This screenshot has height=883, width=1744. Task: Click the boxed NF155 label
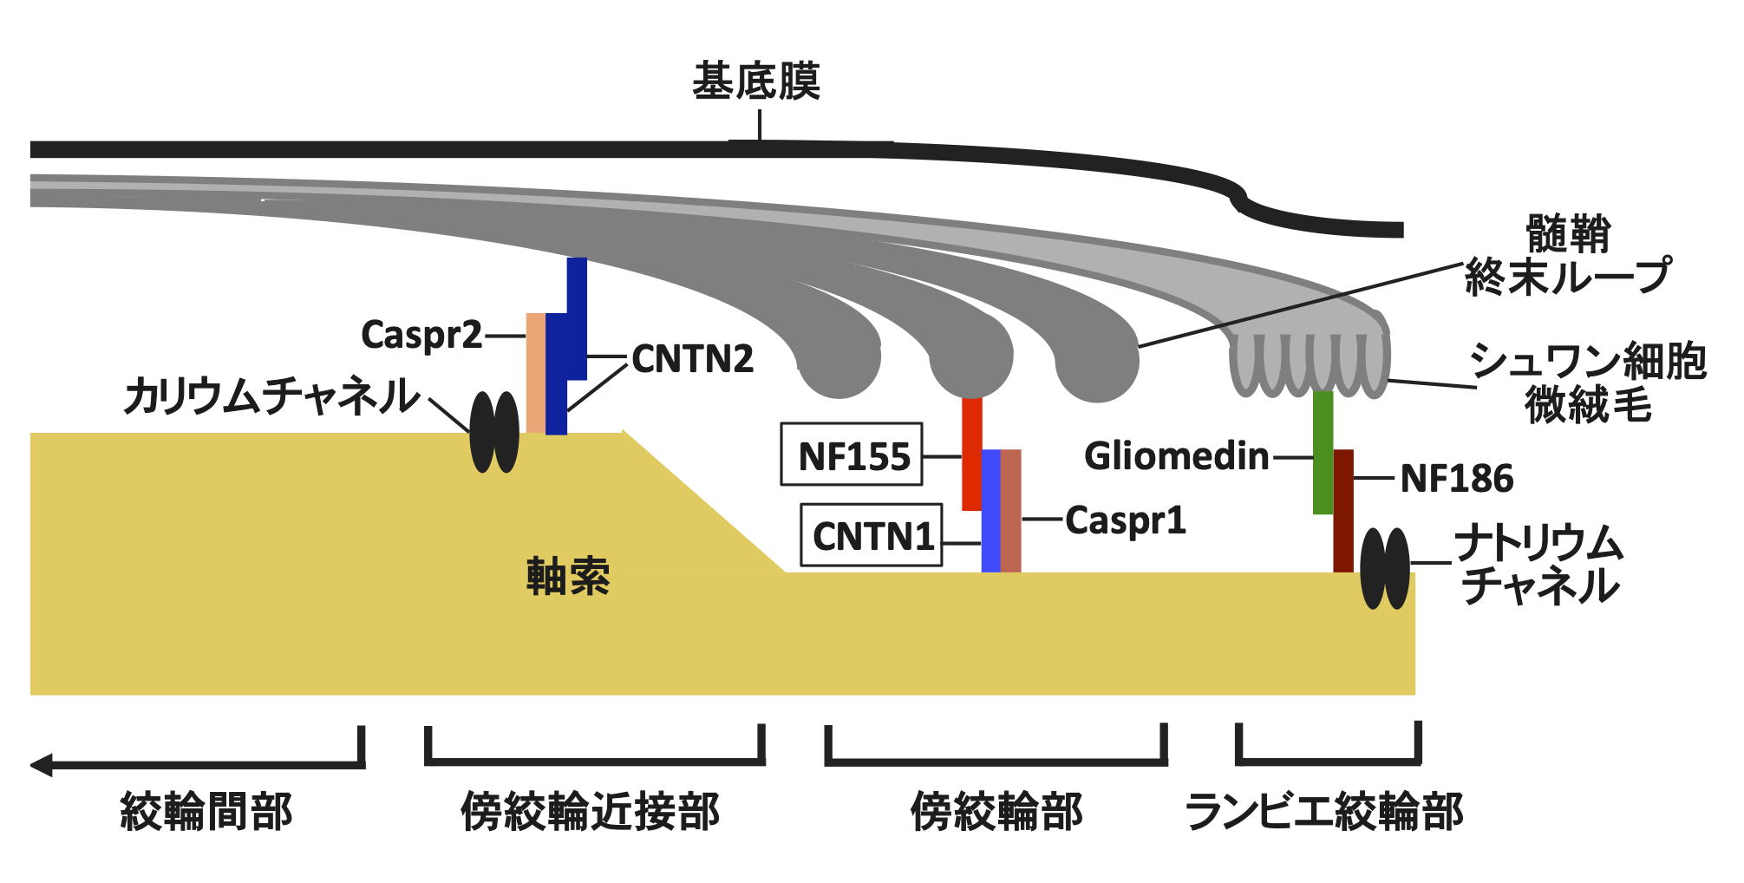pos(852,455)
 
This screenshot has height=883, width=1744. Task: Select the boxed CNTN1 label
pos(872,535)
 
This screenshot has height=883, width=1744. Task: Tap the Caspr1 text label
pos(1125,520)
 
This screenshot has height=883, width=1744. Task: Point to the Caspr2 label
pos(421,335)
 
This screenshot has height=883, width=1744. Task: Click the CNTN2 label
pos(692,358)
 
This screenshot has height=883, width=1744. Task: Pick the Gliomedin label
pos(1176,456)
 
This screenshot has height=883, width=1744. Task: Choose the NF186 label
pos(1457,478)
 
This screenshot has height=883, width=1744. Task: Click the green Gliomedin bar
pos(1323,451)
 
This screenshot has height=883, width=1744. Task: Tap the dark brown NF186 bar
pos(1343,512)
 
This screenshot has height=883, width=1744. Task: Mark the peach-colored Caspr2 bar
pos(536,373)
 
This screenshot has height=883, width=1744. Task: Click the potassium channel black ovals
pos(494,432)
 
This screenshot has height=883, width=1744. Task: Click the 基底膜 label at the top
pos(755,82)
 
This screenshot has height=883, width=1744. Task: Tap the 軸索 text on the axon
pos(568,577)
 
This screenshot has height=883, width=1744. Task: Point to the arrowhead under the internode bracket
pos(42,765)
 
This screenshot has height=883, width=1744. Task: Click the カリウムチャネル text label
pos(272,396)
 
